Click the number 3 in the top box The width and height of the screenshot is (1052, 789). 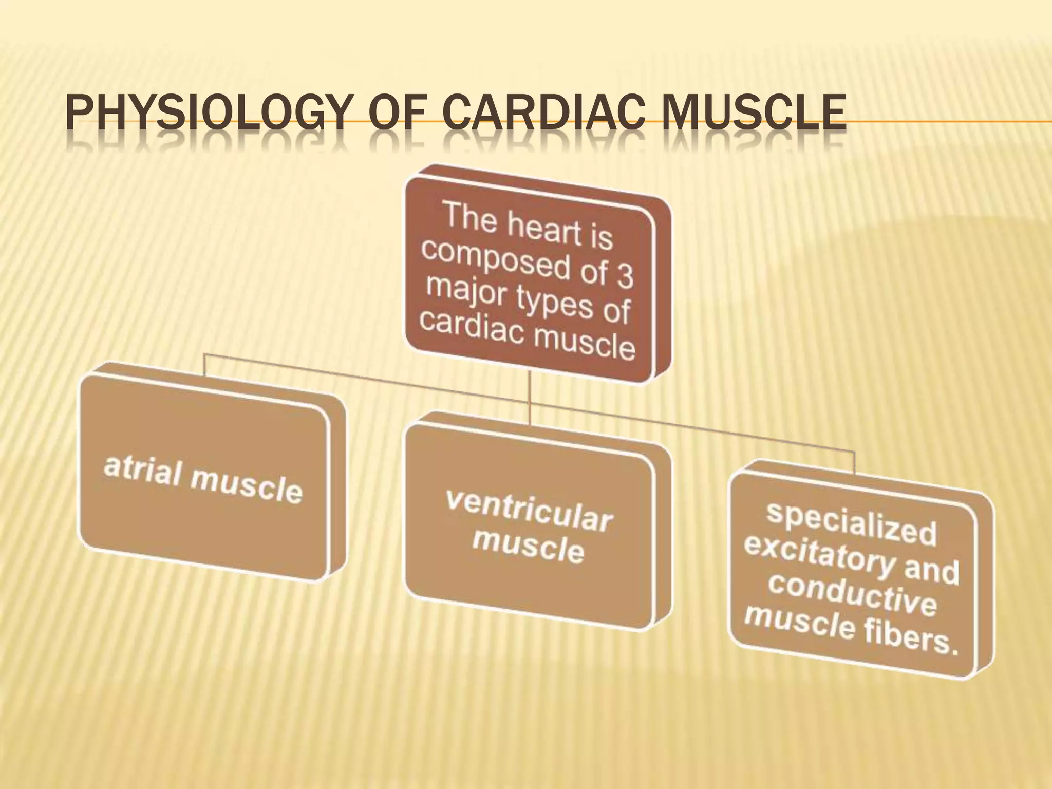[625, 277]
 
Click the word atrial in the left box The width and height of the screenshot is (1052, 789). [141, 470]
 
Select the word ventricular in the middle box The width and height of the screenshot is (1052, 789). [529, 511]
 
